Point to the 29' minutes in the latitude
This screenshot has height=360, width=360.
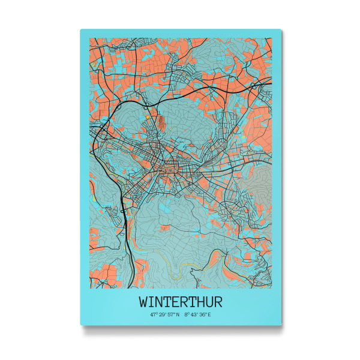161,314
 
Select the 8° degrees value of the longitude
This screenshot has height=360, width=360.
187,314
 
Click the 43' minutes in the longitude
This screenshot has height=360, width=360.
193,314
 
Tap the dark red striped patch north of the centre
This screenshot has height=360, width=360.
161,123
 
